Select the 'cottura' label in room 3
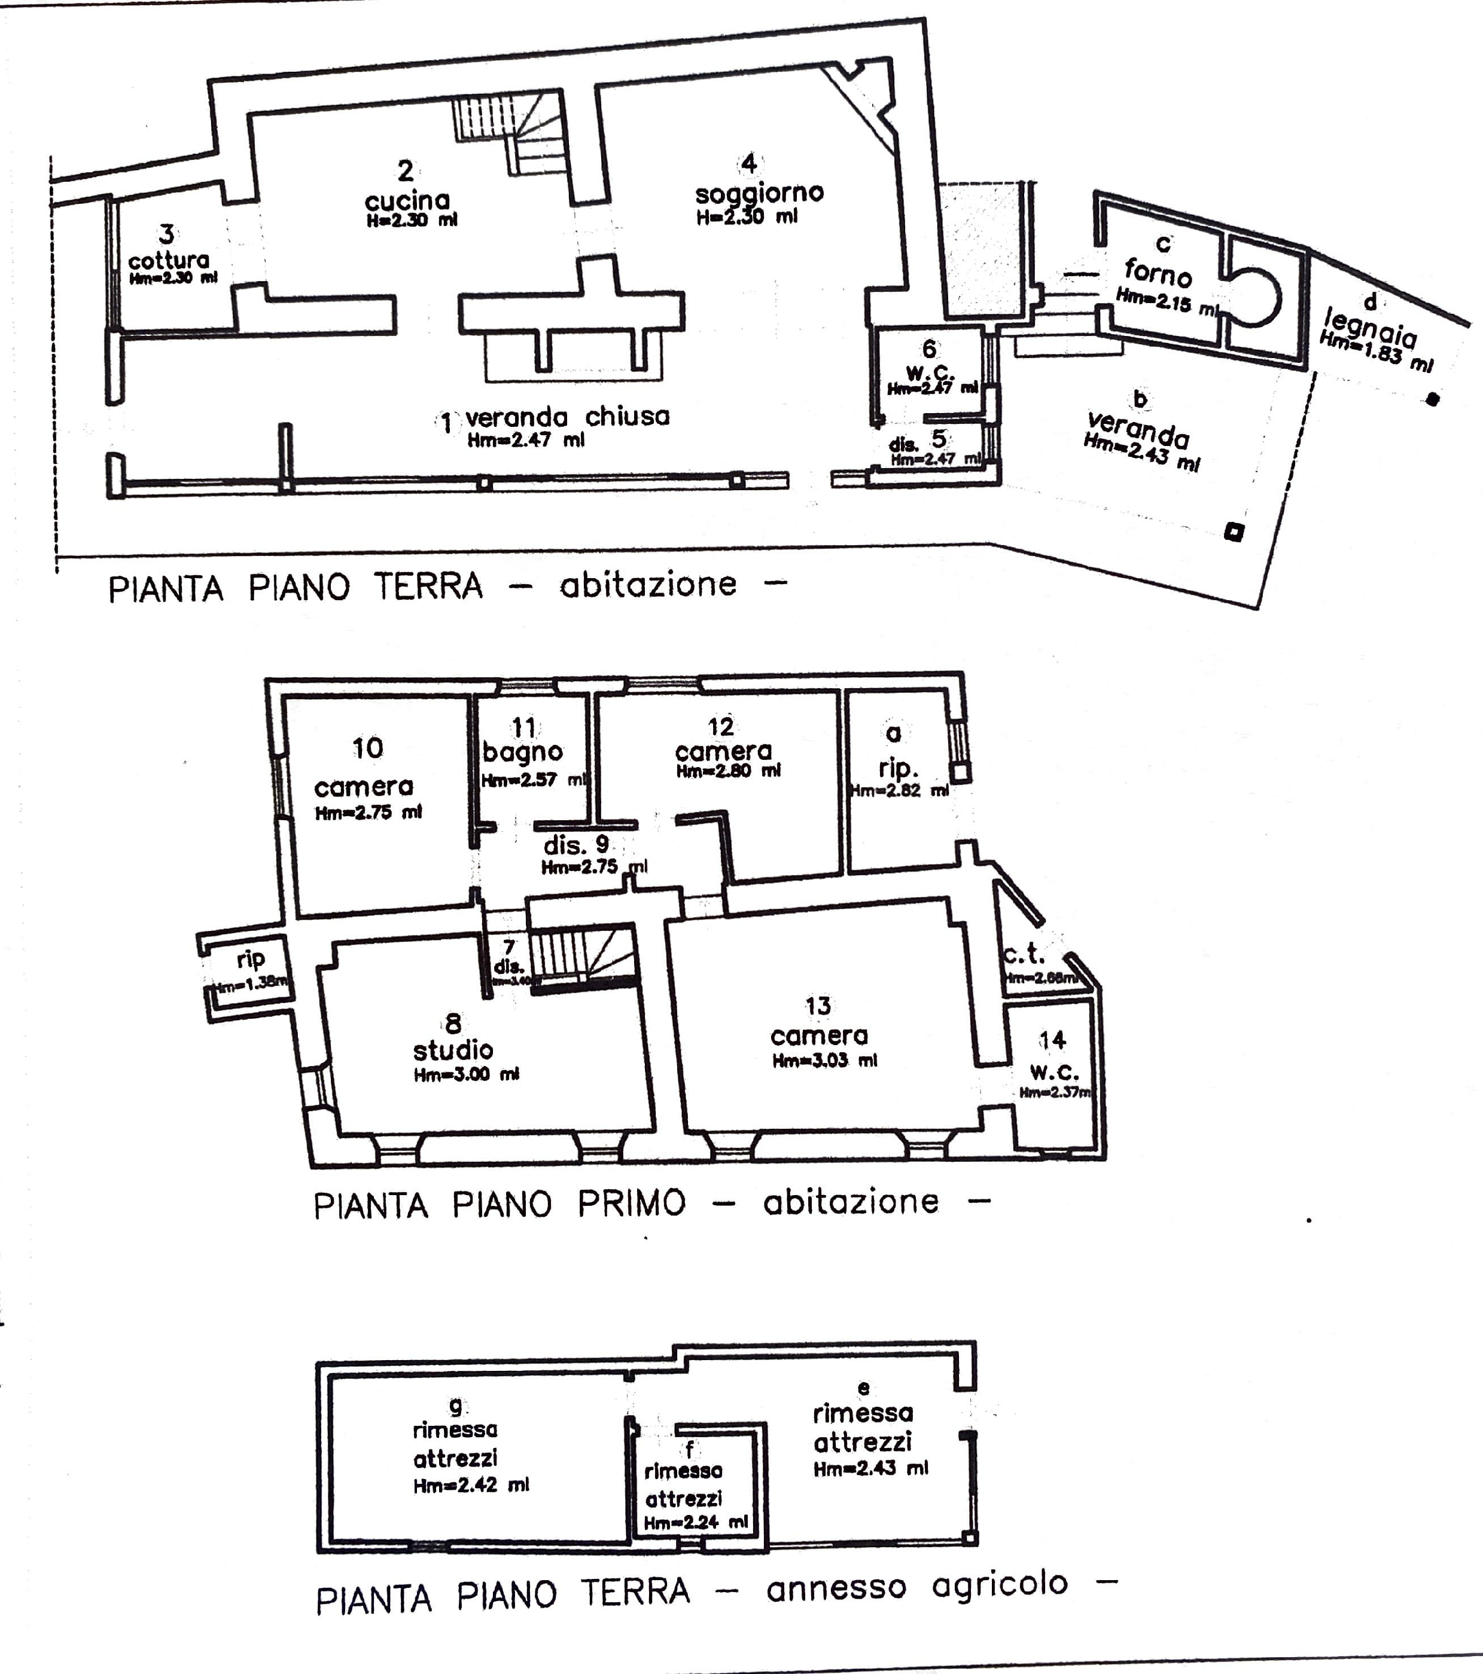point(169,261)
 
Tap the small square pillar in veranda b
point(1233,532)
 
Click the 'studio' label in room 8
point(453,1050)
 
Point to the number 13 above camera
point(818,1005)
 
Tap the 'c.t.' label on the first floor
point(1024,954)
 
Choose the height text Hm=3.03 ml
point(824,1061)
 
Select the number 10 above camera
point(367,748)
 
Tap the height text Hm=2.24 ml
point(696,1523)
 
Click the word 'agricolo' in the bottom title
point(1000,1586)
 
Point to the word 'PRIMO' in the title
point(631,1203)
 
